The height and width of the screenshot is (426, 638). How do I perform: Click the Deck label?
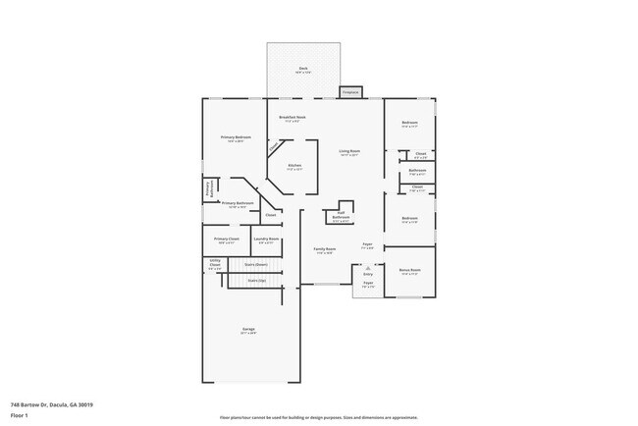303,69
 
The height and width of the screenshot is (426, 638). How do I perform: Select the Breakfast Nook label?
292,118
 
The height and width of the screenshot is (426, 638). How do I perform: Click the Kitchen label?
294,167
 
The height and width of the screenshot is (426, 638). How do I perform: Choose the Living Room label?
349,152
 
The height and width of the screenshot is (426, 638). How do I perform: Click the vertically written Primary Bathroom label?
209,188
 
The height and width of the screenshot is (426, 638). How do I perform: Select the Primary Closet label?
227,240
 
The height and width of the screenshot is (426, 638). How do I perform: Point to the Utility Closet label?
215,263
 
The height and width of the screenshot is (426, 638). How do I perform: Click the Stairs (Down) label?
256,264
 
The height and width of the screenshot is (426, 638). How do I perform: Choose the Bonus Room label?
410,270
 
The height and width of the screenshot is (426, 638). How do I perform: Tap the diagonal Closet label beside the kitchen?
275,146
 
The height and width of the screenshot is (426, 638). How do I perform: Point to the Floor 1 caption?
19,415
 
